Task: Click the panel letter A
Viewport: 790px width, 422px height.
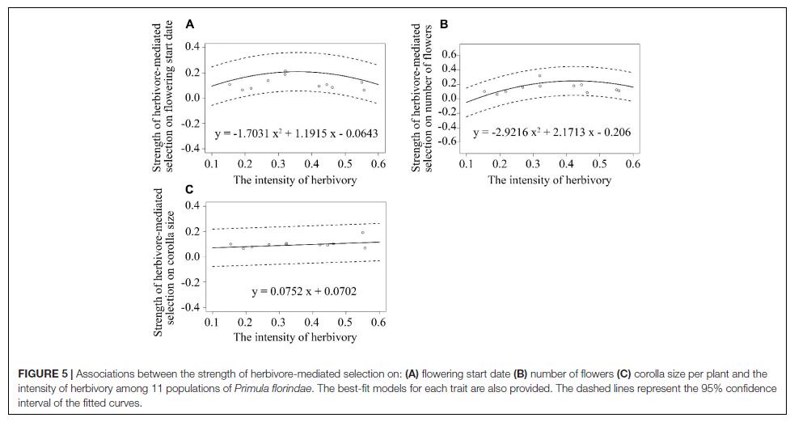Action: click(190, 25)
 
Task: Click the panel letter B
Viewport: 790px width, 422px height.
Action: click(444, 25)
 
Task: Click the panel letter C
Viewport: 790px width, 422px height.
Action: click(189, 189)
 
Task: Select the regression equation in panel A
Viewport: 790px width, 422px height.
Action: click(296, 133)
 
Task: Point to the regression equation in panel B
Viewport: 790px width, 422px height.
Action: click(551, 132)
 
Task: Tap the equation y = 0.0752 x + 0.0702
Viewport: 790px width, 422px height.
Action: click(304, 291)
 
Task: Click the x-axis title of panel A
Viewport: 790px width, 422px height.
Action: click(295, 179)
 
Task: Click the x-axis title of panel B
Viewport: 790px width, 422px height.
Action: click(549, 179)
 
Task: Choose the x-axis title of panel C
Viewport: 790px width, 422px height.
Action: click(295, 337)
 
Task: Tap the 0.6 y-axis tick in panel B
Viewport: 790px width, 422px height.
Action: click(448, 54)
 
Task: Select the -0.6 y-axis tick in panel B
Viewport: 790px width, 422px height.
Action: click(446, 141)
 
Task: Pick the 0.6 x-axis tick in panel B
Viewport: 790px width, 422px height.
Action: click(632, 164)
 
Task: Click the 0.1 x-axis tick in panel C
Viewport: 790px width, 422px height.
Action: click(212, 322)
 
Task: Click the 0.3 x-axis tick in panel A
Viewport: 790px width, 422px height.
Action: click(278, 164)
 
